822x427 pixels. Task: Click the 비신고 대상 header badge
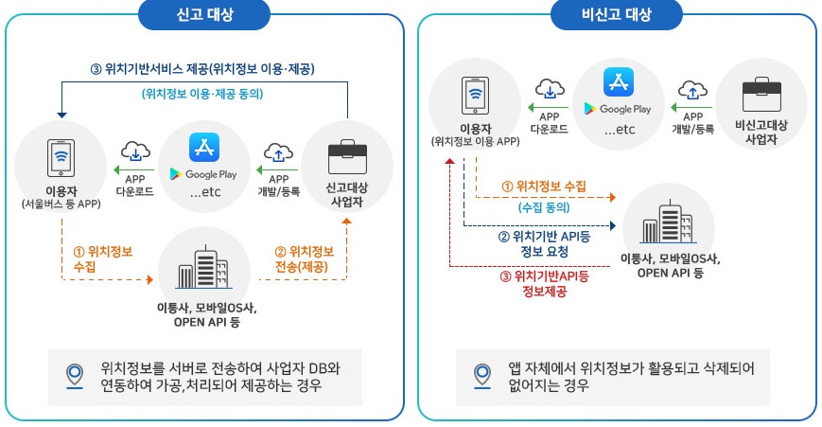coord(618,15)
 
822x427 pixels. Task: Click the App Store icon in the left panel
coord(204,149)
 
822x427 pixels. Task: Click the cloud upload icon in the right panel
coord(693,90)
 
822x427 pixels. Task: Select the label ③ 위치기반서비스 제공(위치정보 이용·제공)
coord(202,68)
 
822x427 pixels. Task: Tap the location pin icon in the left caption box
coord(74,377)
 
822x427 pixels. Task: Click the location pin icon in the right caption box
coord(483,377)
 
